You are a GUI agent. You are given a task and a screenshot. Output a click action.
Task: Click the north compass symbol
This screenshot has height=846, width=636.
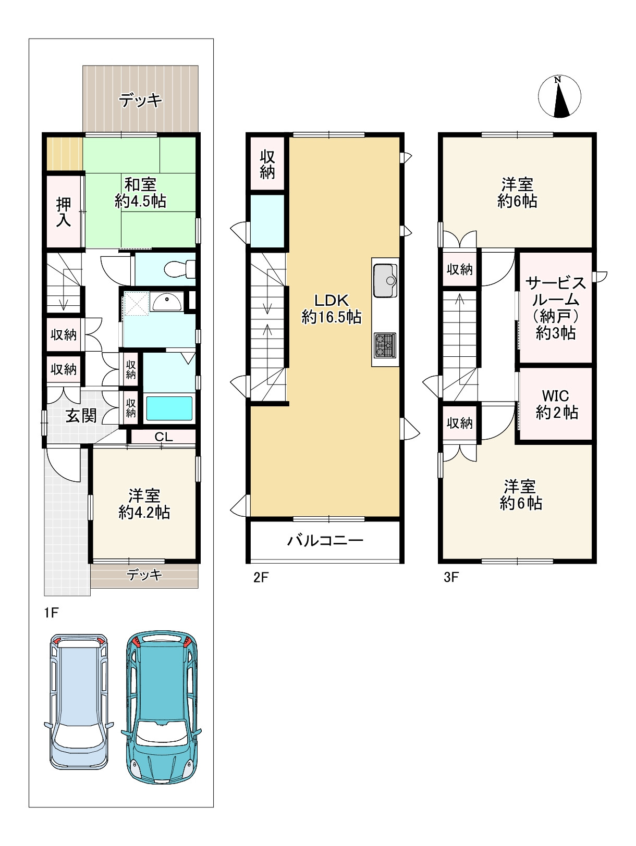click(559, 96)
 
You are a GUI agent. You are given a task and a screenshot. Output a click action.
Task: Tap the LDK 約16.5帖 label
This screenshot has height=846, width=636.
click(332, 309)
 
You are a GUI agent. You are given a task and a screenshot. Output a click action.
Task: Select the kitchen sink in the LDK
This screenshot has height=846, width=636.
click(385, 280)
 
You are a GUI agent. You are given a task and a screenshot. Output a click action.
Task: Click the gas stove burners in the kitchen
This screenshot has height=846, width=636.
click(385, 345)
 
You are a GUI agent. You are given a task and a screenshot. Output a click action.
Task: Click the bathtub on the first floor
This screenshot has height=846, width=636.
click(169, 408)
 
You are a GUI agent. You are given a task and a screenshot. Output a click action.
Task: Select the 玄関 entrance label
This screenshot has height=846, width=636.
click(81, 416)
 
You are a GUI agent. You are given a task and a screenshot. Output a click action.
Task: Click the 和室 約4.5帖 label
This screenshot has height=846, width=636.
click(140, 193)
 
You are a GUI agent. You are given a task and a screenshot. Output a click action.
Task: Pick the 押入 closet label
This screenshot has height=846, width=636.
click(64, 211)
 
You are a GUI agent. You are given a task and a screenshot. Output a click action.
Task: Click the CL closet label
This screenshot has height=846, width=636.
click(164, 437)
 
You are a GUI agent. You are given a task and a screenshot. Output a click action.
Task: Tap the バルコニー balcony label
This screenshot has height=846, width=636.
click(325, 541)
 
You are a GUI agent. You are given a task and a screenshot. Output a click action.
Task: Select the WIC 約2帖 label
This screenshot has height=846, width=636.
click(556, 404)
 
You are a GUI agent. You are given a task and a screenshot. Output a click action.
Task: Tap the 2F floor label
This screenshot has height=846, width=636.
click(261, 577)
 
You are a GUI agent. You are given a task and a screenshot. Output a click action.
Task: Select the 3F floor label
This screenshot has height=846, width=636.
click(451, 577)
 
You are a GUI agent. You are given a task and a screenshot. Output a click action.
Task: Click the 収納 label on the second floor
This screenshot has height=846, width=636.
click(267, 165)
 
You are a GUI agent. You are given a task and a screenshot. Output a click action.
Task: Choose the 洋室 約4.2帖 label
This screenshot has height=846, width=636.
click(144, 504)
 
